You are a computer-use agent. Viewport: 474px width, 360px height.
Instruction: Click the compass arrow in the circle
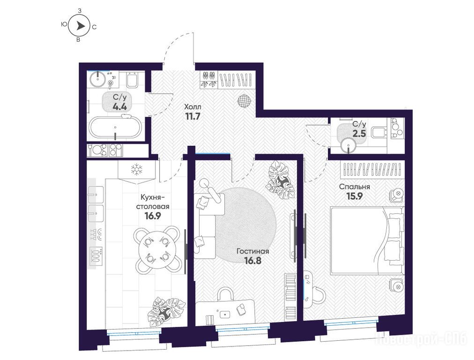pyautogui.click(x=80, y=26)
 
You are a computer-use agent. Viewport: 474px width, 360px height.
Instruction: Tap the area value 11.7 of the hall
pyautogui.click(x=192, y=116)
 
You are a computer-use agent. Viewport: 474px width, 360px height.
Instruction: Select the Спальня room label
pyautogui.click(x=355, y=187)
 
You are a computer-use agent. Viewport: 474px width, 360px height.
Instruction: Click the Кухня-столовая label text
pyautogui.click(x=153, y=202)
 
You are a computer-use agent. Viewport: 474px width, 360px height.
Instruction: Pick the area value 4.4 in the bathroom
pyautogui.click(x=119, y=106)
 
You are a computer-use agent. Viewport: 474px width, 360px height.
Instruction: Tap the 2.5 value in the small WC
pyautogui.click(x=359, y=134)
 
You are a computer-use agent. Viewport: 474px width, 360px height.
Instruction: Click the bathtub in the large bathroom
pyautogui.click(x=115, y=128)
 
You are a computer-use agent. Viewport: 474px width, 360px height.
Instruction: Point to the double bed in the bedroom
pyautogui.click(x=367, y=241)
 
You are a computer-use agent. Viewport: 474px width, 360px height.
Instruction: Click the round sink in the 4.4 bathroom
pyautogui.click(x=97, y=78)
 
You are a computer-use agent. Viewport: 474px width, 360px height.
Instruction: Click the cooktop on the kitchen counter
pyautogui.click(x=96, y=255)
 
